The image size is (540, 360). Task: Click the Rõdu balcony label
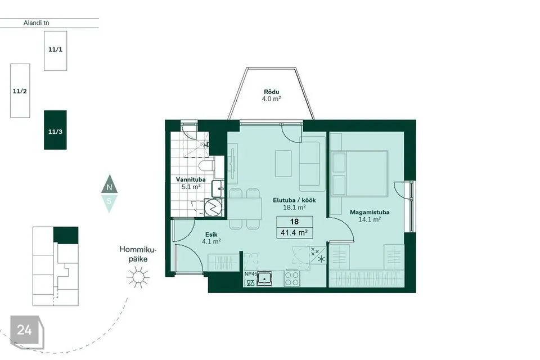click(x=271, y=92)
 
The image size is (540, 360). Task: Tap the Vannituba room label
click(x=191, y=179)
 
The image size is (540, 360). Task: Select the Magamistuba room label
click(x=370, y=212)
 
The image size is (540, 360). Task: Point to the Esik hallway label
click(x=211, y=235)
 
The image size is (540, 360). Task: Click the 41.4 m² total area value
click(x=294, y=232)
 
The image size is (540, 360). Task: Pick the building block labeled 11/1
click(x=56, y=51)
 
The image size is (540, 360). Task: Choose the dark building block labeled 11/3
click(x=55, y=130)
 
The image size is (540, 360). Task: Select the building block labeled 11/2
click(x=20, y=91)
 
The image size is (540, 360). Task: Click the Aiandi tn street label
click(x=36, y=22)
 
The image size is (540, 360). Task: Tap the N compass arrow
click(x=110, y=185)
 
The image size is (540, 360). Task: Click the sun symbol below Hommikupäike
click(x=138, y=277)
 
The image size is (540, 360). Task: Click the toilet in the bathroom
click(x=206, y=165)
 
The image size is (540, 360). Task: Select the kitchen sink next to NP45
click(x=264, y=278)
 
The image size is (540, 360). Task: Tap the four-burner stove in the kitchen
click(x=292, y=278)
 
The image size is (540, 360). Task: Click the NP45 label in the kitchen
click(x=250, y=274)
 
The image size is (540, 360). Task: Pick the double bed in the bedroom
click(x=359, y=173)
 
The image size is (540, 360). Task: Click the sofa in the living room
click(x=312, y=164)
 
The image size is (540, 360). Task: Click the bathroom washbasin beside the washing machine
click(x=217, y=189)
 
